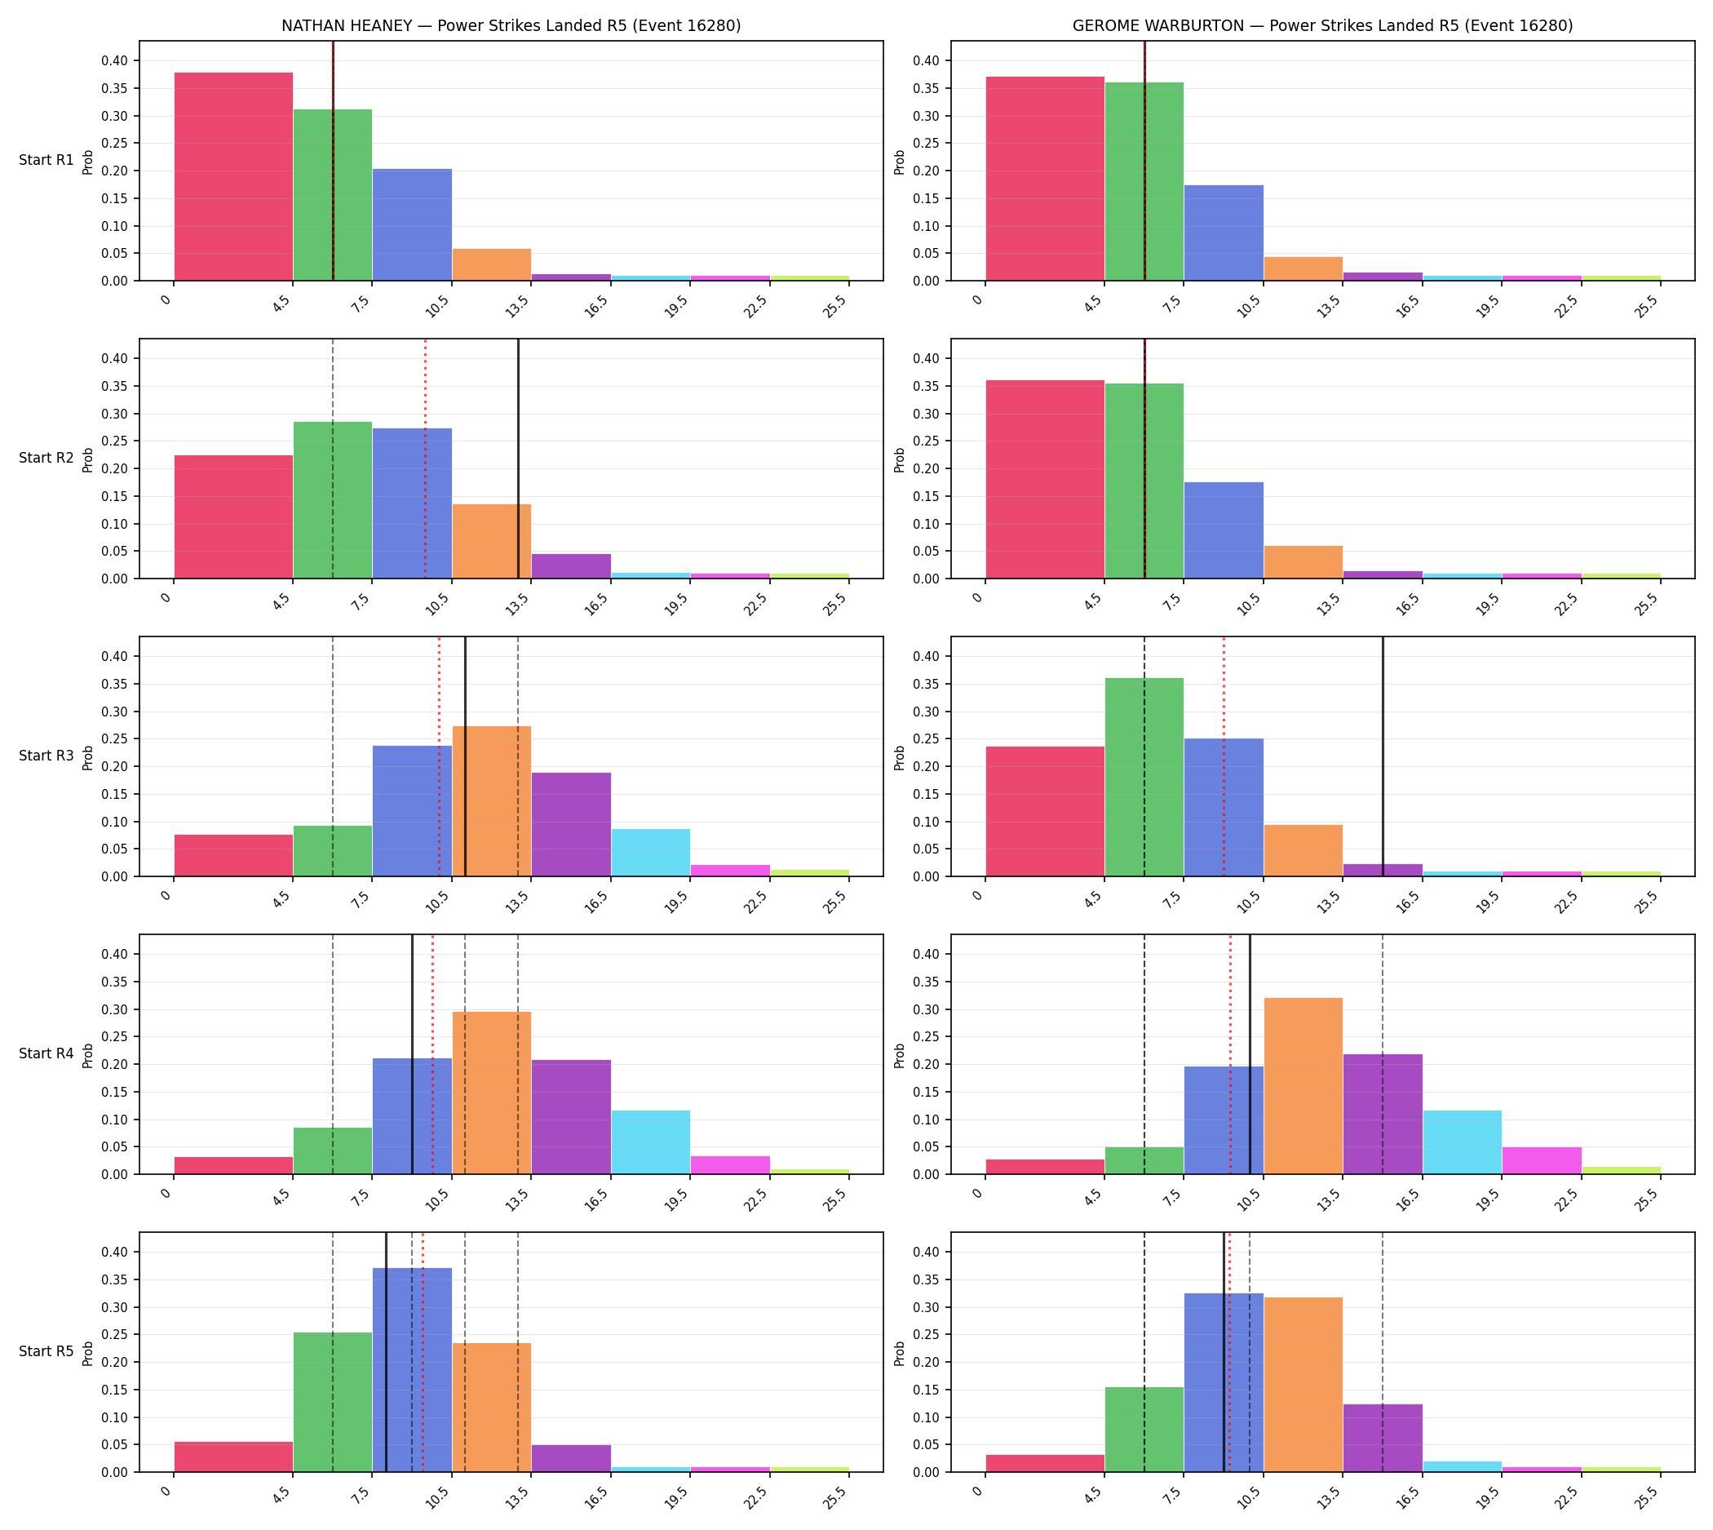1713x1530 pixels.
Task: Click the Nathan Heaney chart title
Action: pyautogui.click(x=511, y=26)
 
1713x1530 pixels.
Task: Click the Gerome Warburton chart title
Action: pyautogui.click(x=1322, y=26)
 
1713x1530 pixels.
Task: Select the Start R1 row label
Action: pyautogui.click(x=46, y=160)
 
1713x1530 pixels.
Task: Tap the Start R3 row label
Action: pyautogui.click(x=46, y=756)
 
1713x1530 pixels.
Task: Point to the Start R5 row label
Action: pyautogui.click(x=46, y=1351)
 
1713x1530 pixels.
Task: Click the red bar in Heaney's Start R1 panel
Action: pyautogui.click(x=233, y=176)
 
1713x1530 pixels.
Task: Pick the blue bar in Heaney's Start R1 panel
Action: pyautogui.click(x=412, y=224)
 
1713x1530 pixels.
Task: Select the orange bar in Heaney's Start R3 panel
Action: pyautogui.click(x=492, y=801)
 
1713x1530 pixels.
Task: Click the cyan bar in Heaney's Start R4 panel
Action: pyautogui.click(x=651, y=1142)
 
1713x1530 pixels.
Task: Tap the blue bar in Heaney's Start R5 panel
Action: pyautogui.click(x=412, y=1370)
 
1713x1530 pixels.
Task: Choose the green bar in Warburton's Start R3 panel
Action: pyautogui.click(x=1144, y=777)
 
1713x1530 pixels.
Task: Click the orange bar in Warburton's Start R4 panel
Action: pyautogui.click(x=1303, y=1086)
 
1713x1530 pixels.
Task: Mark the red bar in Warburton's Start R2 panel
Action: pyautogui.click(x=1045, y=479)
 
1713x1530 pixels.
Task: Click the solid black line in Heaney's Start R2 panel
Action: pyautogui.click(x=518, y=459)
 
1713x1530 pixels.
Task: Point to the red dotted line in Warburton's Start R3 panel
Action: pyautogui.click(x=1224, y=756)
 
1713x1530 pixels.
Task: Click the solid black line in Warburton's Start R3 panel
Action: pyautogui.click(x=1383, y=756)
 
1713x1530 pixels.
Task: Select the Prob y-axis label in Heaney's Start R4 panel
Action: pyautogui.click(x=88, y=1055)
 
